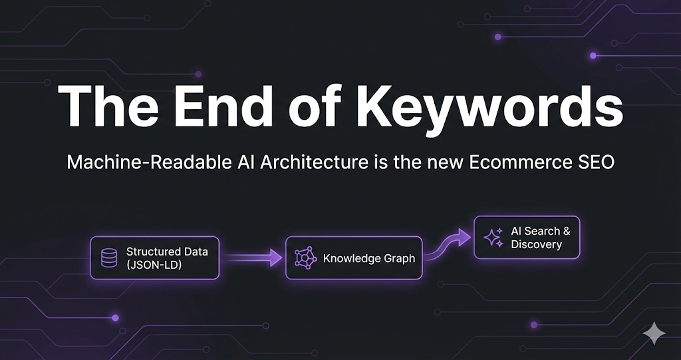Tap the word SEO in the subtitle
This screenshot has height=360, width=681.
pos(595,162)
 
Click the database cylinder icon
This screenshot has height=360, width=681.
pos(109,258)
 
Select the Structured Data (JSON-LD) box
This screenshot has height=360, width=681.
pos(154,258)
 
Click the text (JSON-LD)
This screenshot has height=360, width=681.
pos(155,264)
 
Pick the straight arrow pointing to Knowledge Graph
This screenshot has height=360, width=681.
pos(252,258)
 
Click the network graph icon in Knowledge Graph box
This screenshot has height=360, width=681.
pos(305,258)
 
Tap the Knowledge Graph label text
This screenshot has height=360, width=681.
pos(368,258)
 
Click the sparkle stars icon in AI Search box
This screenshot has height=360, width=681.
pos(493,238)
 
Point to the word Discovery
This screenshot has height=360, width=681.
pos(536,244)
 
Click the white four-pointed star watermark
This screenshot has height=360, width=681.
pos(654,333)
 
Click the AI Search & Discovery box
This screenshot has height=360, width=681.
pos(526,238)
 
